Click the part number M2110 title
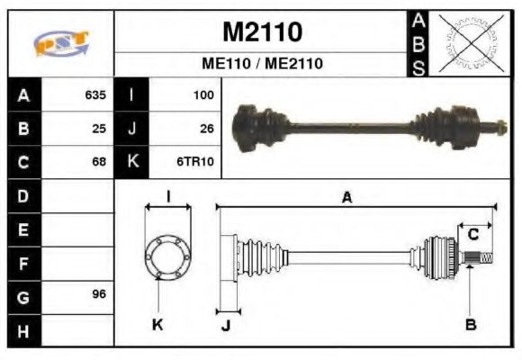click(262, 32)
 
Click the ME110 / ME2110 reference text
click(262, 64)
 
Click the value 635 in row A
click(95, 94)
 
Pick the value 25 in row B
click(99, 128)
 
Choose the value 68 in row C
click(99, 162)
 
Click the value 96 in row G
click(99, 295)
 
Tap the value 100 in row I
click(203, 94)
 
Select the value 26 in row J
click(206, 128)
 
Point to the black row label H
click(22, 329)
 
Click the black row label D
click(22, 195)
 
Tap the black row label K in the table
click(131, 162)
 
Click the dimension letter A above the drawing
click(346, 198)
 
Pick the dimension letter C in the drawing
click(472, 236)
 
